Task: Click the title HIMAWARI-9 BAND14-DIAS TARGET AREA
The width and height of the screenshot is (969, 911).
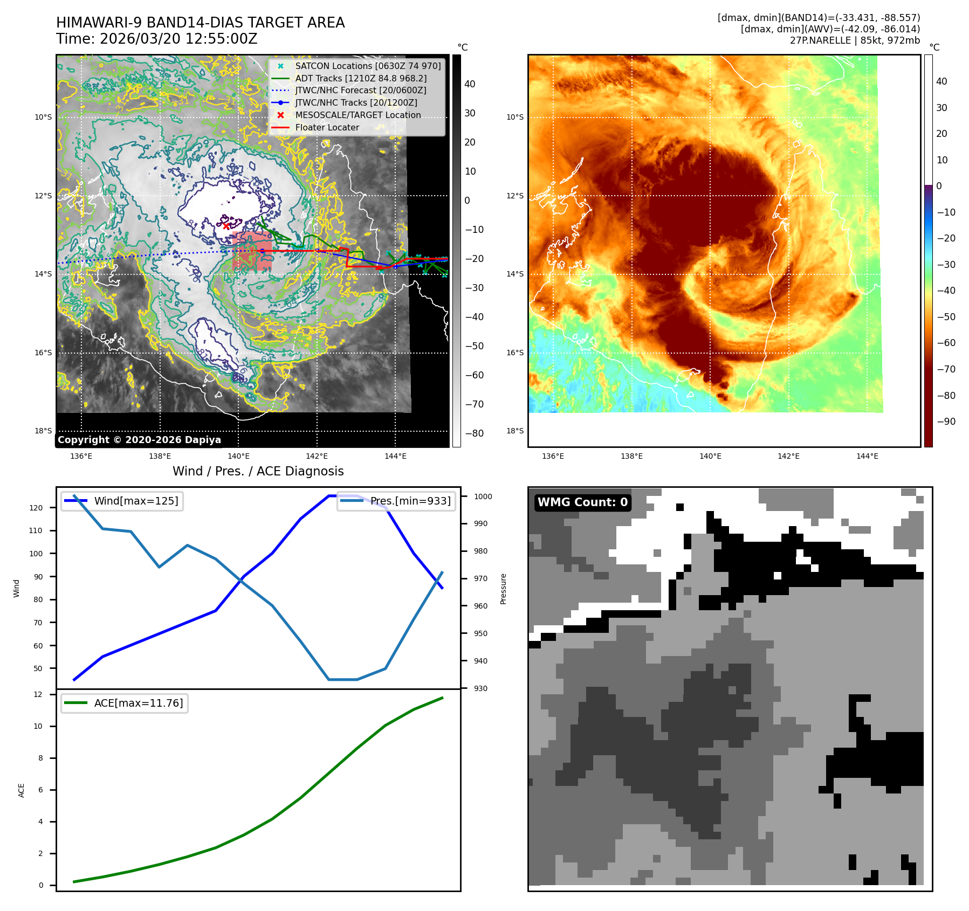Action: (x=200, y=23)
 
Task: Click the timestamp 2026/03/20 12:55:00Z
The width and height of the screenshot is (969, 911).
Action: (x=178, y=39)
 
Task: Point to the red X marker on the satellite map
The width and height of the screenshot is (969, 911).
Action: (x=226, y=226)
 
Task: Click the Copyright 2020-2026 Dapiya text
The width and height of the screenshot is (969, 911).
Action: (x=139, y=440)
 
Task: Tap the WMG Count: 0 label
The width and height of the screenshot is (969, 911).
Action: (x=582, y=502)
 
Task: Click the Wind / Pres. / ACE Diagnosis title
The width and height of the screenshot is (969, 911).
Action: (x=258, y=471)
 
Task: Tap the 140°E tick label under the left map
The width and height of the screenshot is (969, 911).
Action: (x=238, y=456)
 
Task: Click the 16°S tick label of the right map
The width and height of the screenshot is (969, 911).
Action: (x=514, y=353)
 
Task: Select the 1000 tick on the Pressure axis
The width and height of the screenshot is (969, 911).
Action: (x=483, y=496)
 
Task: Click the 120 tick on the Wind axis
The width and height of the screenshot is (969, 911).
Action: (x=36, y=508)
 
